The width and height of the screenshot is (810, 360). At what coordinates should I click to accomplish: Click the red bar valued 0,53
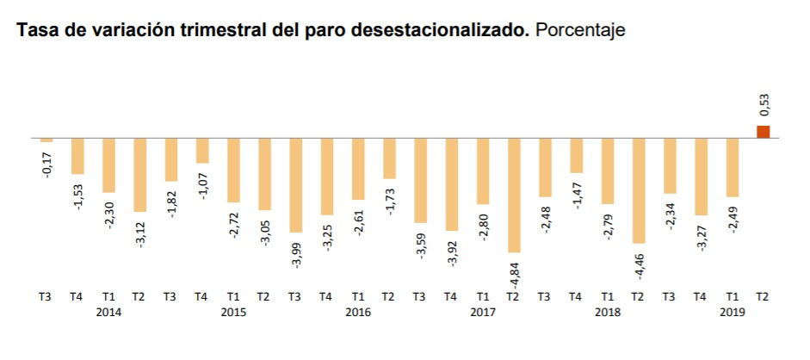[x=764, y=131]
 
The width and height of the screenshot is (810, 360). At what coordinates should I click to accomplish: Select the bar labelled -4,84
[x=514, y=195]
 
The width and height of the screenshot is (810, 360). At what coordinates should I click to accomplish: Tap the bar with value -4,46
[x=639, y=190]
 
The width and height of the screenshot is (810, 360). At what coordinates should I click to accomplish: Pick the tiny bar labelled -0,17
[x=46, y=140]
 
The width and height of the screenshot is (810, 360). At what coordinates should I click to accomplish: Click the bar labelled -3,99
[x=296, y=184]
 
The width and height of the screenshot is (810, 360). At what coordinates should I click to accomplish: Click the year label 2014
[x=109, y=313]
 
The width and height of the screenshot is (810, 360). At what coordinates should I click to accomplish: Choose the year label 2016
[x=358, y=313]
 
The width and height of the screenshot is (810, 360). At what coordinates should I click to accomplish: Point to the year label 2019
[x=733, y=313]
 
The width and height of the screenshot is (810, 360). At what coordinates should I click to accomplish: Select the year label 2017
[x=483, y=313]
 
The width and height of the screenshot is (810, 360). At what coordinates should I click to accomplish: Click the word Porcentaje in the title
[x=579, y=31]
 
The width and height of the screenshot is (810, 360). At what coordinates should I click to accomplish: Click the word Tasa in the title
[x=34, y=31]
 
